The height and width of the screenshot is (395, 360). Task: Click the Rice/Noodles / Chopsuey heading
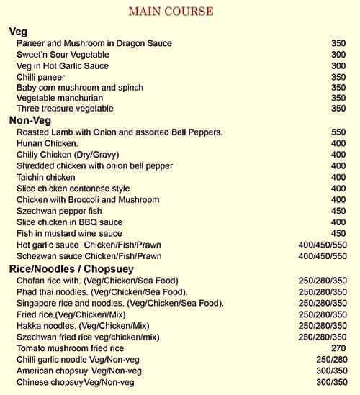tap(78, 268)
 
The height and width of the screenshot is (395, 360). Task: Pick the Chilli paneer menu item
tap(40, 77)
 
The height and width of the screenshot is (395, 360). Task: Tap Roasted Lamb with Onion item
tap(120, 132)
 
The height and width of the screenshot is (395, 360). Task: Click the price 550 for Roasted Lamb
tap(338, 132)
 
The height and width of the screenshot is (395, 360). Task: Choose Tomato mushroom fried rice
tap(71, 348)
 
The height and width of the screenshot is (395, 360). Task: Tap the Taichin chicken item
tap(46, 178)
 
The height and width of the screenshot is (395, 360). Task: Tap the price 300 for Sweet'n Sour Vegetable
tap(338, 55)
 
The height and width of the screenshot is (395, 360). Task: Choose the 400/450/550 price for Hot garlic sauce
tap(322, 245)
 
